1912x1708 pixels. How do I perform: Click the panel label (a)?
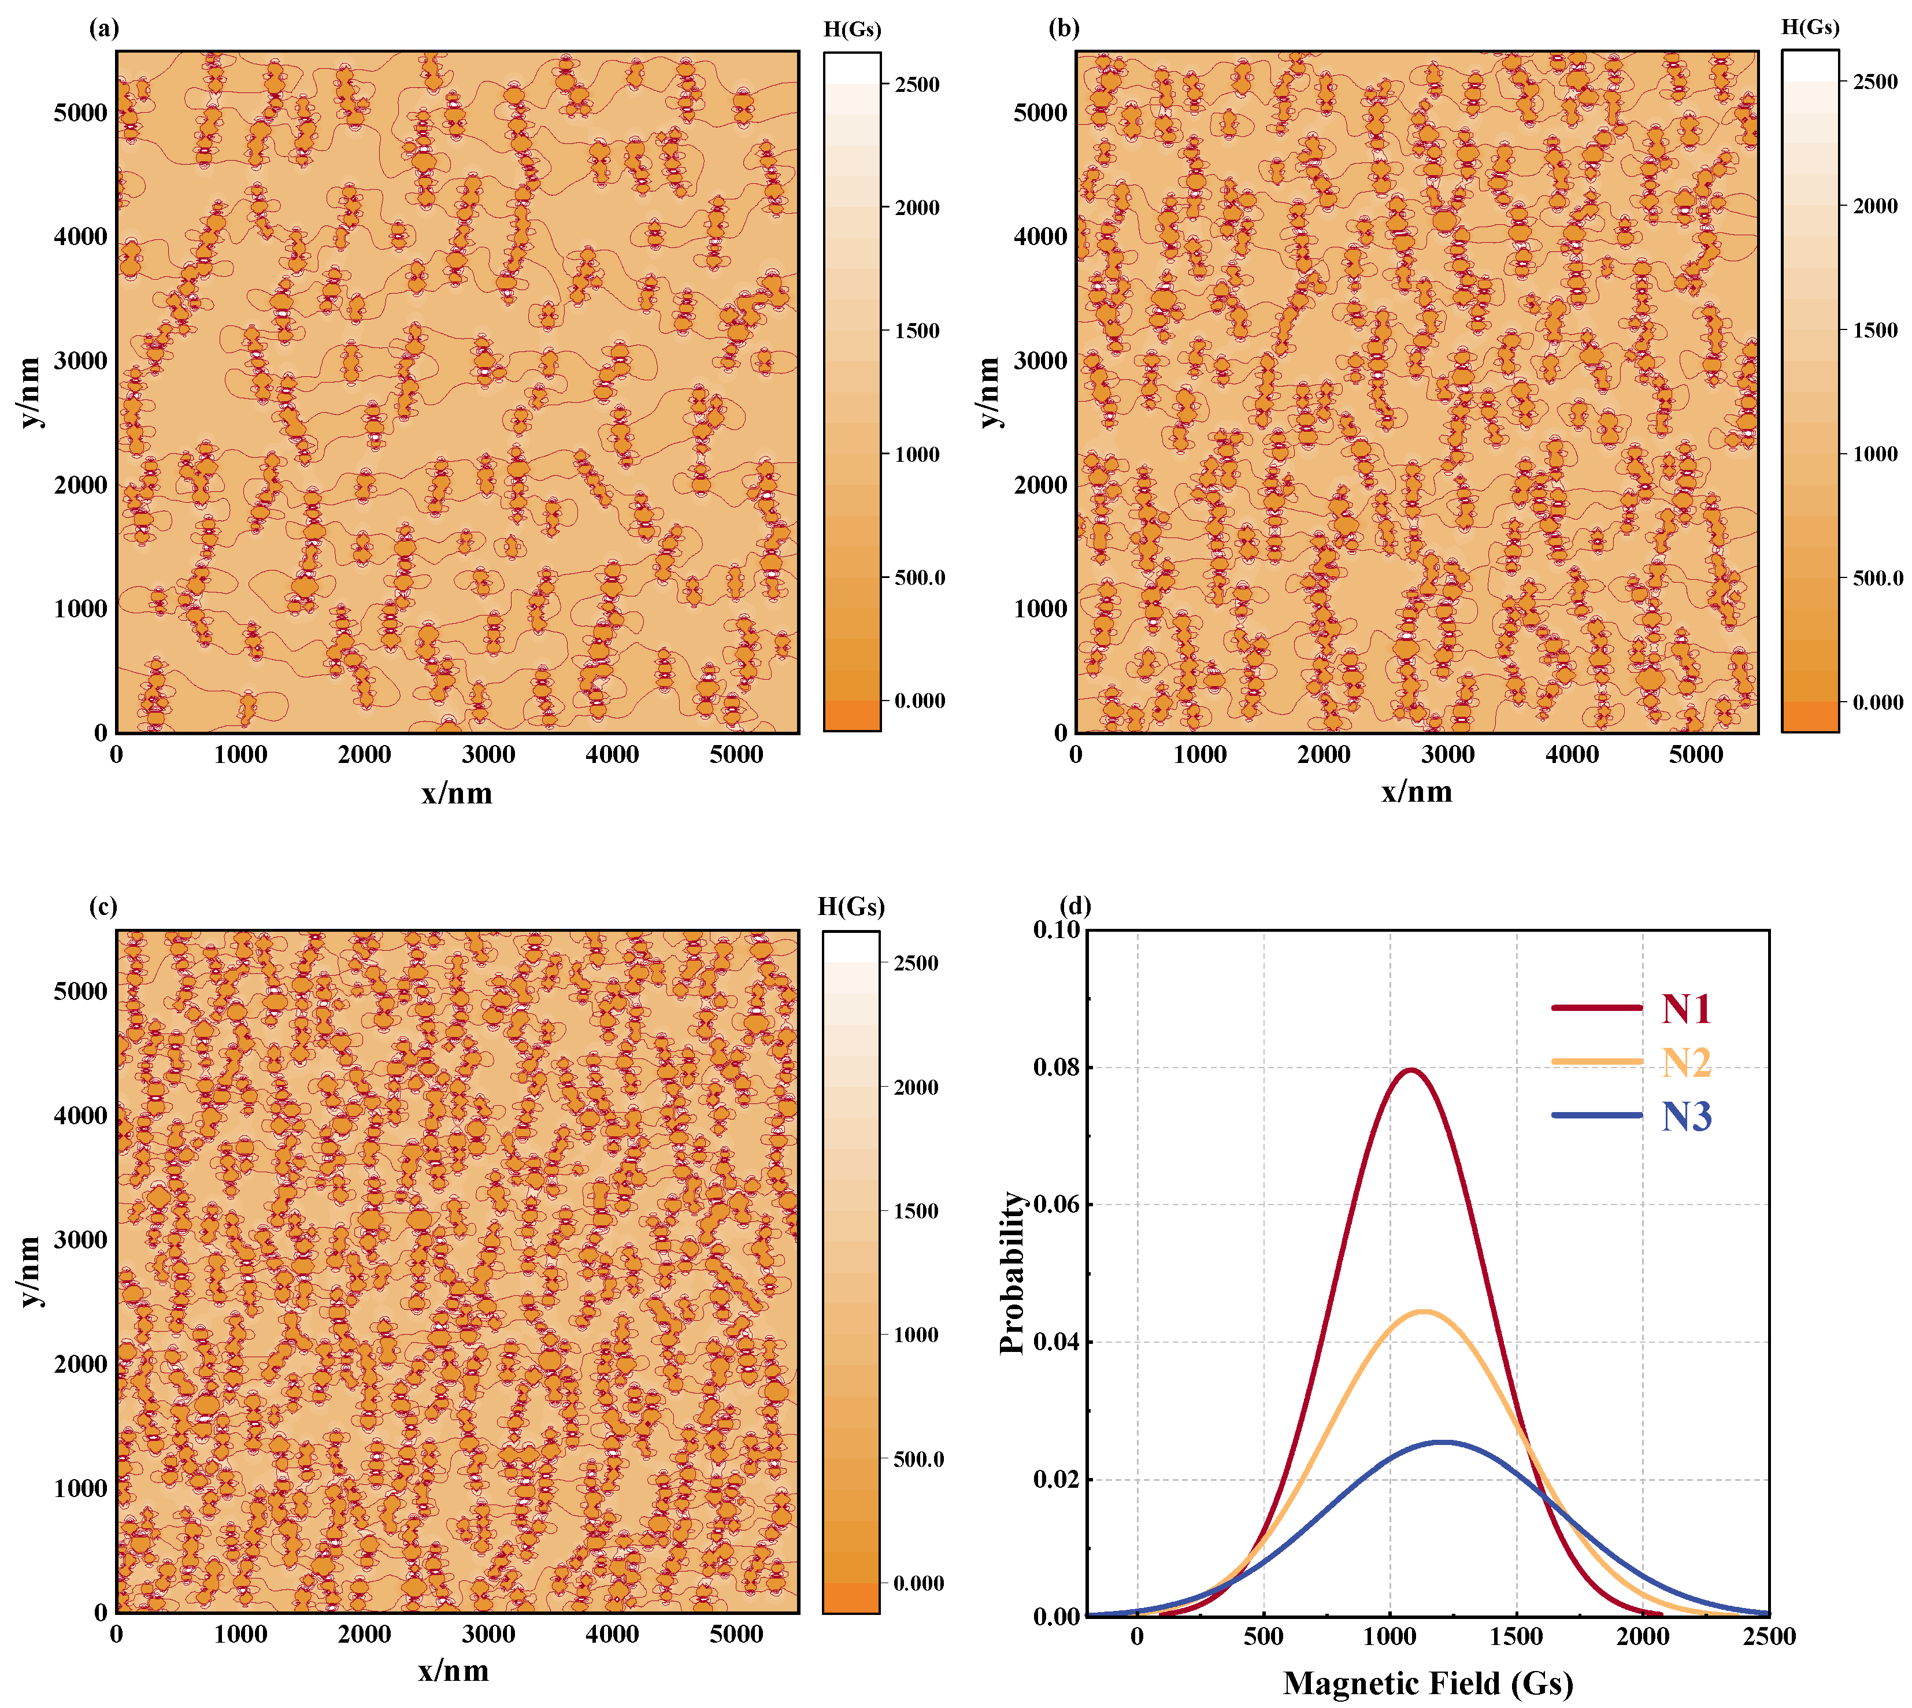pos(104,28)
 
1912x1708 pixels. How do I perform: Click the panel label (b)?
pos(1064,28)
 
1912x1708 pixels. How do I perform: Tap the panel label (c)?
pos(103,906)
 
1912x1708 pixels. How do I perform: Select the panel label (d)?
pos(1074,906)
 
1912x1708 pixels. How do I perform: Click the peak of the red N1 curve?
pos(1410,1070)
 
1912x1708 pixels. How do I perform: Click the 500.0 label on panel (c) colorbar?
pos(917,1459)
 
